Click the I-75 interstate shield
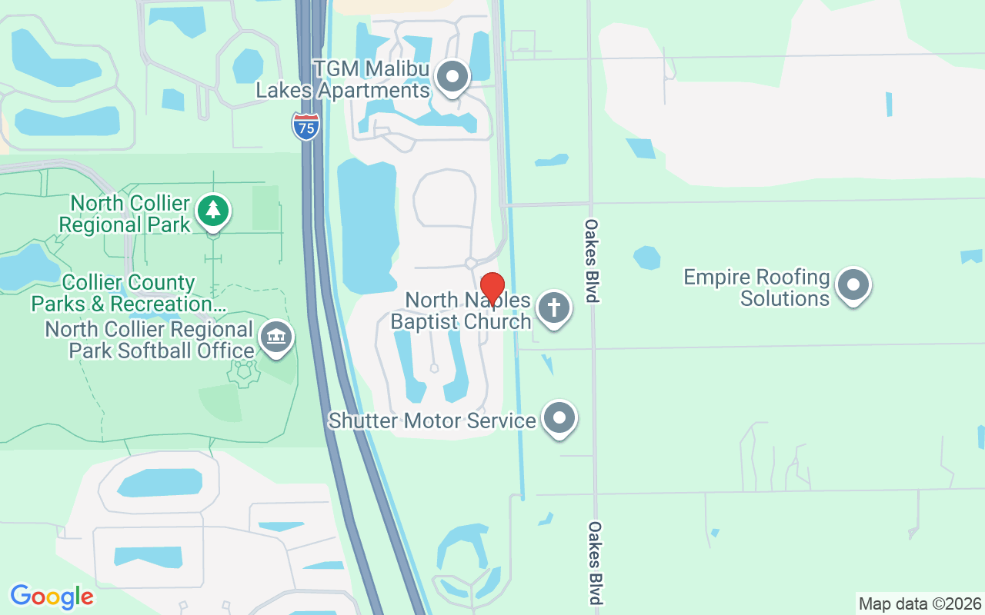(306, 126)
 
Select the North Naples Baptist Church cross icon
(553, 308)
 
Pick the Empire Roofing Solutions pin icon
(853, 285)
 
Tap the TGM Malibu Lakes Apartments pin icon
(452, 77)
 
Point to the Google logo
(52, 597)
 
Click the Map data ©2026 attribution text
(920, 603)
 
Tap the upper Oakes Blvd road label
(591, 261)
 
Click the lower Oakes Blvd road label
(595, 563)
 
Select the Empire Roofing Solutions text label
(757, 288)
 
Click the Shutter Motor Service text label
(432, 421)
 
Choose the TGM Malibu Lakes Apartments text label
(342, 79)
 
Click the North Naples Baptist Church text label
(461, 311)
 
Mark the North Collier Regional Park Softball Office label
(149, 340)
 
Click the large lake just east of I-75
(367, 223)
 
